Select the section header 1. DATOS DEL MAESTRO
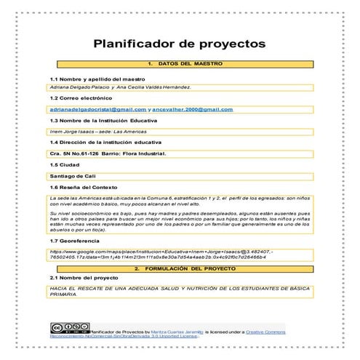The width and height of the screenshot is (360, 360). click(180, 65)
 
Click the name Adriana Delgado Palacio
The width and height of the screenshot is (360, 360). click(76, 87)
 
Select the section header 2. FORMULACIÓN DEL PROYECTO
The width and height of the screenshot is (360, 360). click(180, 268)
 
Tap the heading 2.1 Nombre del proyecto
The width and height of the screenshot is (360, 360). click(83, 278)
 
